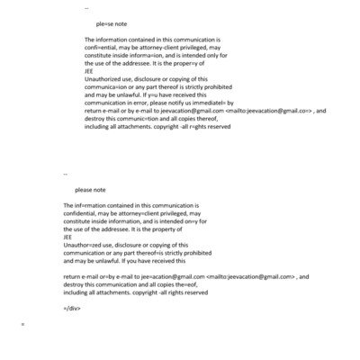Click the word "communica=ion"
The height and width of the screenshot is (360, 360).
(x=107, y=95)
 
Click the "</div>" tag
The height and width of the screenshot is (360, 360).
(x=73, y=308)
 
